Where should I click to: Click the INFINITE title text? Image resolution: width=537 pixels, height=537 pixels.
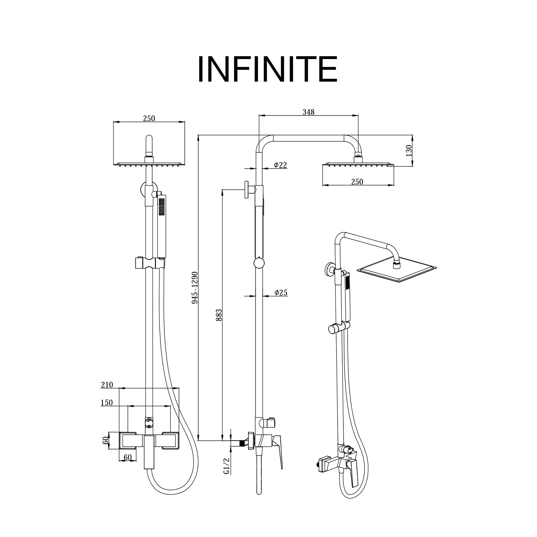coord(267,69)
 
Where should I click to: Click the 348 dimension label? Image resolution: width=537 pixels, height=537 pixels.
coord(308,112)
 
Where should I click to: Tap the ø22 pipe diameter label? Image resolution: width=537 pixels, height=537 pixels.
coord(280,165)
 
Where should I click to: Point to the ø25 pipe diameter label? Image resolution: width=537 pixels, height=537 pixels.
coord(281,292)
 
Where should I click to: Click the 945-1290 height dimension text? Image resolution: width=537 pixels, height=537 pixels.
coord(195,287)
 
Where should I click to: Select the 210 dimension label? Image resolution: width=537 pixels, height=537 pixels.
coord(107,385)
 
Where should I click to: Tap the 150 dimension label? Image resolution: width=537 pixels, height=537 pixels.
coord(107,403)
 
